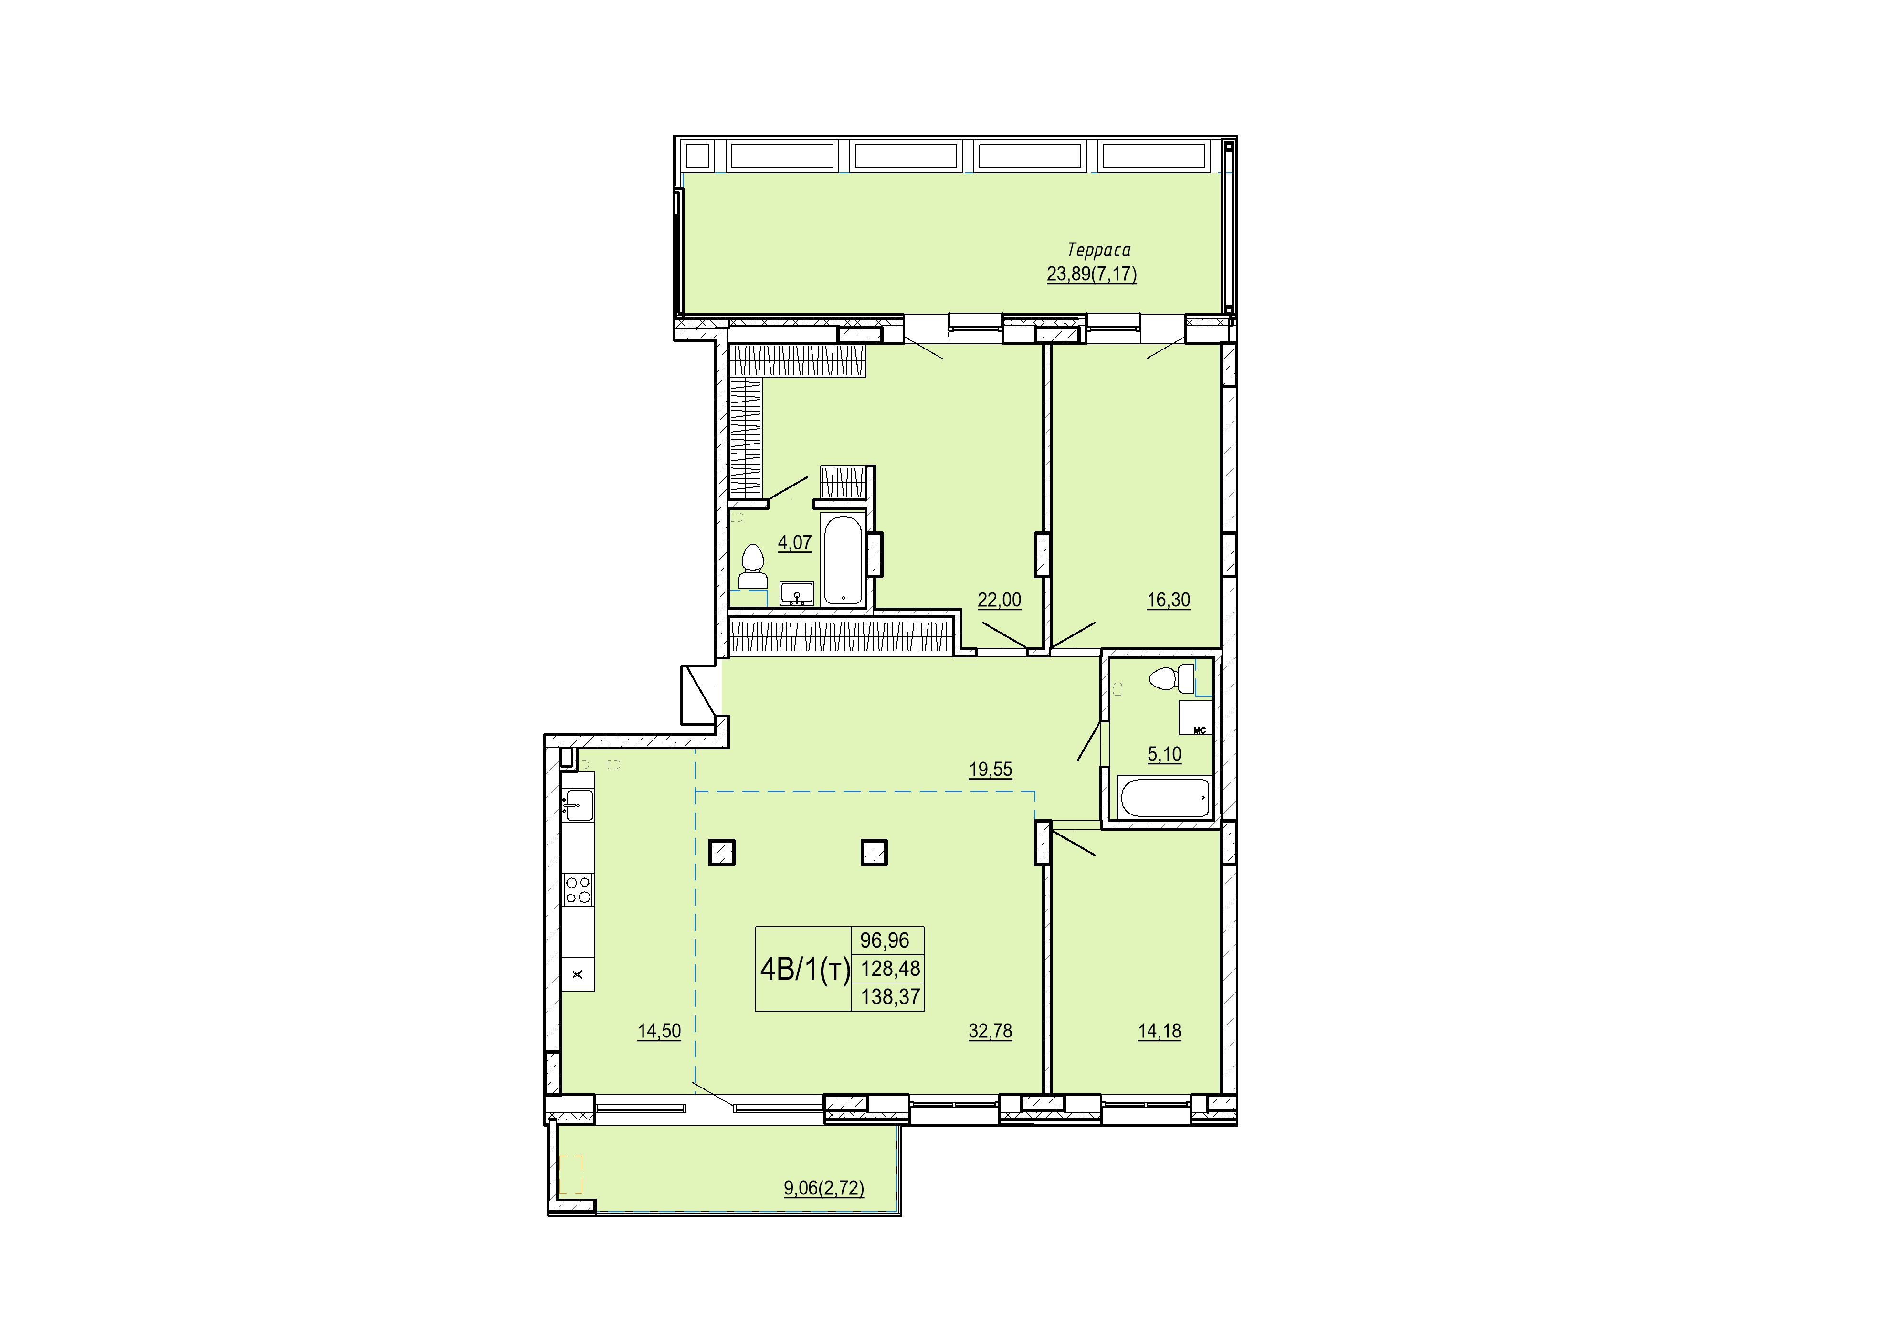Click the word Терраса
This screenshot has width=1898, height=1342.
point(1098,250)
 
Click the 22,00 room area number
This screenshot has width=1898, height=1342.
point(1000,600)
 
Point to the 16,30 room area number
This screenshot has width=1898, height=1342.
point(1168,600)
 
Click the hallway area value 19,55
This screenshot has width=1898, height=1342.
point(991,769)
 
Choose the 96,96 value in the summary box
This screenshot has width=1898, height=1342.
point(885,940)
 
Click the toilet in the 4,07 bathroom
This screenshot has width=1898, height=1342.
point(752,566)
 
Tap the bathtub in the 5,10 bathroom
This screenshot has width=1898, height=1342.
point(1164,797)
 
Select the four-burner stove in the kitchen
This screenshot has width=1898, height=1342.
point(578,890)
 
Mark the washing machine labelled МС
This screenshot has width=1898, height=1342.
point(1195,718)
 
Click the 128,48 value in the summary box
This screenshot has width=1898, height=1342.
point(890,968)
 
